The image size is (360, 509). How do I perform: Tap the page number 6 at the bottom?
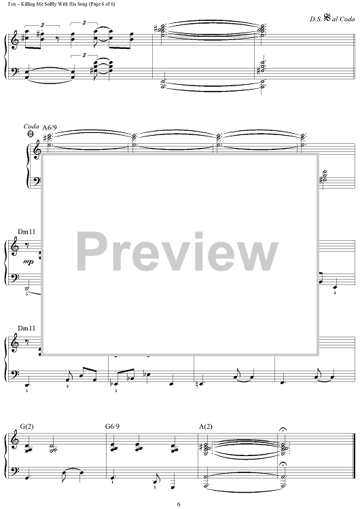[179, 504]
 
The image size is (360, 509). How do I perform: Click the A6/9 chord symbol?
[50, 128]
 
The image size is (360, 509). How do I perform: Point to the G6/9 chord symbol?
[112, 426]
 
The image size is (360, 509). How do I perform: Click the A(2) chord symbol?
[206, 426]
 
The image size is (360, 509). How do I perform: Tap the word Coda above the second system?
[31, 126]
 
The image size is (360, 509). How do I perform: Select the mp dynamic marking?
[29, 262]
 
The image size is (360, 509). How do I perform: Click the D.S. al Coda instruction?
[332, 19]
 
